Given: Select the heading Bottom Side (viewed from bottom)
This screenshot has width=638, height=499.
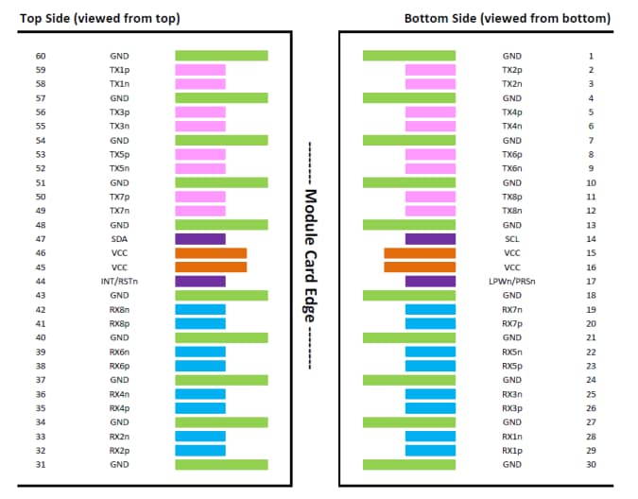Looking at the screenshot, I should pos(507,18).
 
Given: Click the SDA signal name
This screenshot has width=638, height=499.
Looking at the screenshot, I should pos(119,239).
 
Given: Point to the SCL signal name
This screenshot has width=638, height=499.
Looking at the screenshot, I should pos(511,239).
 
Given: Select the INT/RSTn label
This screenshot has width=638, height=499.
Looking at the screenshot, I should pos(119,282).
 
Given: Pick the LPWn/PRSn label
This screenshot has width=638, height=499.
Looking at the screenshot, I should pos(511,282).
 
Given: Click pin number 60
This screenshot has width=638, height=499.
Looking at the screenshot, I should pos(41,56).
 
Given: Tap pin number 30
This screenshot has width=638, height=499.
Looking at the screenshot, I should pos(591,464).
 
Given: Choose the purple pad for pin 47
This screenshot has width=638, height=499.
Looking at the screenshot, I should pos(200,239).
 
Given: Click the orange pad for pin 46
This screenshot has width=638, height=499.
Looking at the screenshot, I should pos(211,253).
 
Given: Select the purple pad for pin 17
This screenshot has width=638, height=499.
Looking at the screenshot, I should pos(431,282).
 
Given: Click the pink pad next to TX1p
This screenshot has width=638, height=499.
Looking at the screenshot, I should pos(200,70).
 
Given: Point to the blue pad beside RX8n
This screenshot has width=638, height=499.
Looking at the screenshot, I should pos(200,309).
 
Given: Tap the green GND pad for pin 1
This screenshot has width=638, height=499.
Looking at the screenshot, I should pos(409,56).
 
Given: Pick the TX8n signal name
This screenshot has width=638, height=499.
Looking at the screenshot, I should pos(511,211).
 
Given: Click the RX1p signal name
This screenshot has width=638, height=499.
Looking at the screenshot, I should pos(511,450).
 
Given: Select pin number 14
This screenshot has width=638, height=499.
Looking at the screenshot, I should pos(591,239).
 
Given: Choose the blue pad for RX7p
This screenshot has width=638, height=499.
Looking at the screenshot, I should pos(431,323).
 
